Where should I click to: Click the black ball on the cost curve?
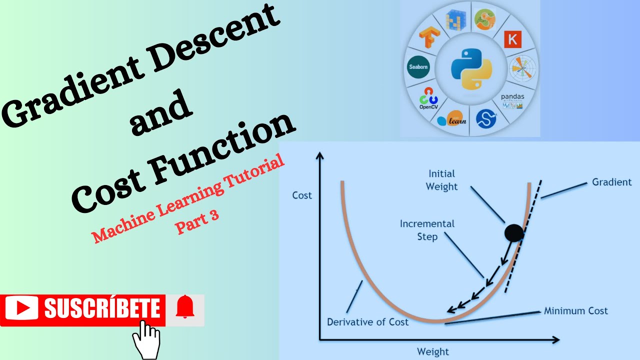click(x=514, y=233)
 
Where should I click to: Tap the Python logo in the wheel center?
click(x=470, y=68)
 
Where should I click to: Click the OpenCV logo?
click(x=428, y=98)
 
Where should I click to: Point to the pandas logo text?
click(x=512, y=97)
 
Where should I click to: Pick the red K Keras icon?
click(x=512, y=39)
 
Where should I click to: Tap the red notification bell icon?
click(x=185, y=307)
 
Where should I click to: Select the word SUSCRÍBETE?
click(x=102, y=308)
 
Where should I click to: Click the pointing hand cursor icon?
click(x=146, y=339)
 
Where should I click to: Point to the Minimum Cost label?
click(x=576, y=311)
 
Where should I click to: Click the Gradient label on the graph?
click(x=612, y=182)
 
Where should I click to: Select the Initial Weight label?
click(x=442, y=180)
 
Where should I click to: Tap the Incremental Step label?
click(x=427, y=230)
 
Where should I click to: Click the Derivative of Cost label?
click(x=367, y=322)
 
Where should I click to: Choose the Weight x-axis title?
click(x=433, y=351)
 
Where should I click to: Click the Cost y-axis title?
click(x=302, y=195)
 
